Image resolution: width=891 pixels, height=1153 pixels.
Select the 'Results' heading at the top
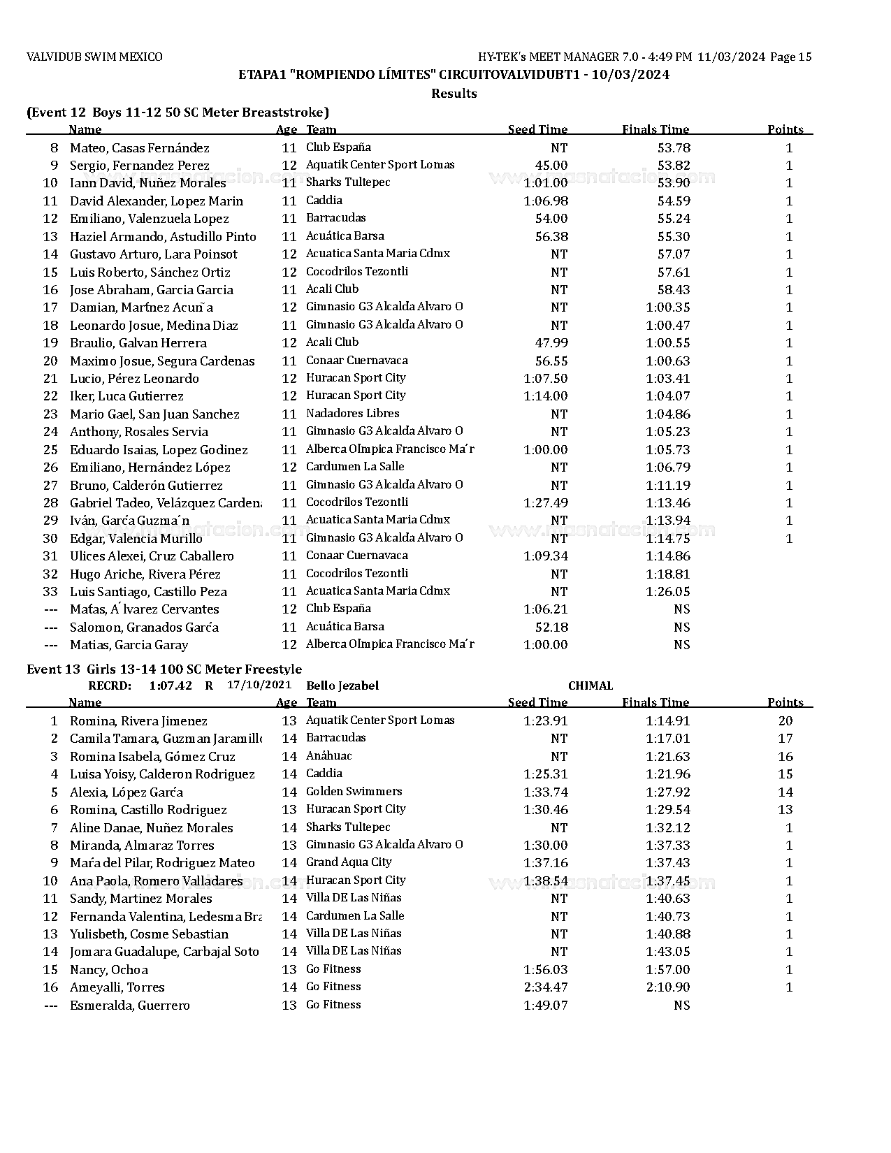(454, 94)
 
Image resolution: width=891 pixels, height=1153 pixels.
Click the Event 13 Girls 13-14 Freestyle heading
(164, 669)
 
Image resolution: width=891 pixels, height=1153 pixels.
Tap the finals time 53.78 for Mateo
(674, 147)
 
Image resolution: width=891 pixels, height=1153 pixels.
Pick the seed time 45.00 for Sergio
(551, 166)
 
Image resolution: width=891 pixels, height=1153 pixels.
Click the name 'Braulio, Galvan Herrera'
(138, 343)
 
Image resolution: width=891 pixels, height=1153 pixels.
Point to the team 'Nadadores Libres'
(352, 414)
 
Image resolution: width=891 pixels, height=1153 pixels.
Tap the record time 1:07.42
(170, 686)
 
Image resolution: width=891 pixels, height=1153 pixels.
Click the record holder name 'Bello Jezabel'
(342, 686)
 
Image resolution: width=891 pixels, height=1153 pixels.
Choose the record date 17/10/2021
(259, 685)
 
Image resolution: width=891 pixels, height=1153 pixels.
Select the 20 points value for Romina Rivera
(785, 721)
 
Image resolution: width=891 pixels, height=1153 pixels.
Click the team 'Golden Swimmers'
(354, 792)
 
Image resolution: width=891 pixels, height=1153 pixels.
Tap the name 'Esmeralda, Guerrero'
(129, 1006)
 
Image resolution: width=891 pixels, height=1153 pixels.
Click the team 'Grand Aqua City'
(349, 862)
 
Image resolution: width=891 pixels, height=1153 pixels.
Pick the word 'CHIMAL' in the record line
(591, 686)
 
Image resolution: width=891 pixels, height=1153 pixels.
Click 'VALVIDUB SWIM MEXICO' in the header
(94, 57)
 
